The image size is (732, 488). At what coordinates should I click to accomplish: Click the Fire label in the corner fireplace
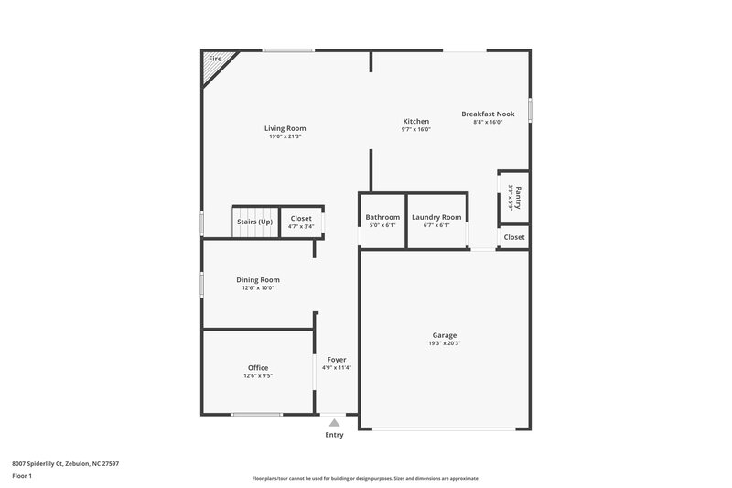215,59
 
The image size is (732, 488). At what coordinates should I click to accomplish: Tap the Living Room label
285,128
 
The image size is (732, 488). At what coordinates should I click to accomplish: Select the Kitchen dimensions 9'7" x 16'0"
416,130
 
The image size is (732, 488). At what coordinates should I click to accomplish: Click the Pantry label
518,196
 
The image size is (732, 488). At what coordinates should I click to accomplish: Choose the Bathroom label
382,217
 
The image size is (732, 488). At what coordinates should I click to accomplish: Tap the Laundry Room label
436,217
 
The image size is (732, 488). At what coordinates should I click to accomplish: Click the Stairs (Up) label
255,222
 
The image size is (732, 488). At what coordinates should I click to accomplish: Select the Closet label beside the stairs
301,219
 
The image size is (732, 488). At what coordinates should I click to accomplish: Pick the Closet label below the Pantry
514,237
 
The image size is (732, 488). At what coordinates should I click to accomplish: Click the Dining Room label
258,280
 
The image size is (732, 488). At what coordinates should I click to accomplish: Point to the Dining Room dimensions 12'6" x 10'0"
258,288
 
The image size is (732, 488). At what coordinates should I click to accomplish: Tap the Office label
258,367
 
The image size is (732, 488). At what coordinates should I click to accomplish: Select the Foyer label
336,360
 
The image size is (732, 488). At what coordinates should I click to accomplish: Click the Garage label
445,335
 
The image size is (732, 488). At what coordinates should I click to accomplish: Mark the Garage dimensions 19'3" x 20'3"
445,343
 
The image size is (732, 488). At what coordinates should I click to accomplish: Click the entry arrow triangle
335,423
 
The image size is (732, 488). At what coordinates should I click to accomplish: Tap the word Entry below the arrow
335,435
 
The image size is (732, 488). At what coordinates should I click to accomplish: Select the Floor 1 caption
22,477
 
